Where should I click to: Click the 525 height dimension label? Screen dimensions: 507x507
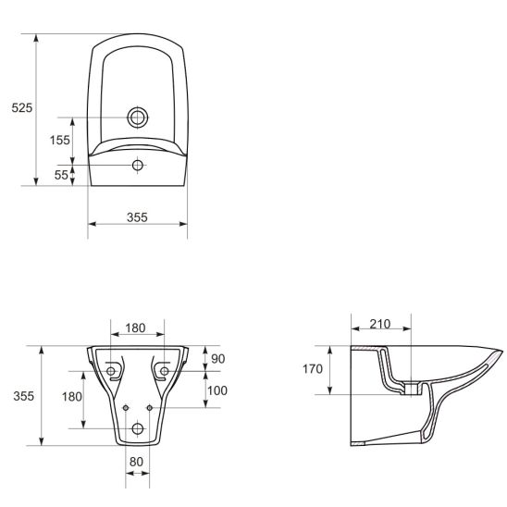pyautogui.click(x=22, y=107)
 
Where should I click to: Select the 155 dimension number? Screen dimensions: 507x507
pyautogui.click(x=60, y=140)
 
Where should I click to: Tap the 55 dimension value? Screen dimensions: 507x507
pyautogui.click(x=61, y=175)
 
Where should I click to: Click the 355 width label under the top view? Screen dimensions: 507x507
pyautogui.click(x=137, y=217)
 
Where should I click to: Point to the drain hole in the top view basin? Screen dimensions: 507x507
pyautogui.click(x=138, y=117)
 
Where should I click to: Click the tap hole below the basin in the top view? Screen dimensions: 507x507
pyautogui.click(x=138, y=166)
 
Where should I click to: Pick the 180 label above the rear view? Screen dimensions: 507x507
pyautogui.click(x=135, y=328)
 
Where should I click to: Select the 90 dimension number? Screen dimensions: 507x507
pyautogui.click(x=217, y=359)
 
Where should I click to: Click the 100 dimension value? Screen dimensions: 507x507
pyautogui.click(x=217, y=390)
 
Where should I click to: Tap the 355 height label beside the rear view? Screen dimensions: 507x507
pyautogui.click(x=24, y=396)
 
